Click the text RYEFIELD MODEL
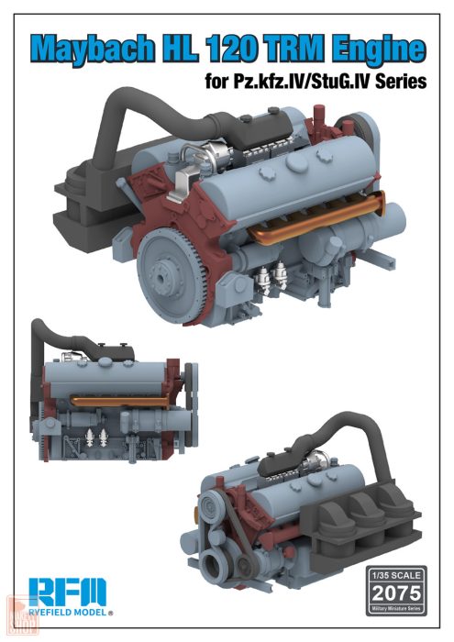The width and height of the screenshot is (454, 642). pos(64,612)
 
